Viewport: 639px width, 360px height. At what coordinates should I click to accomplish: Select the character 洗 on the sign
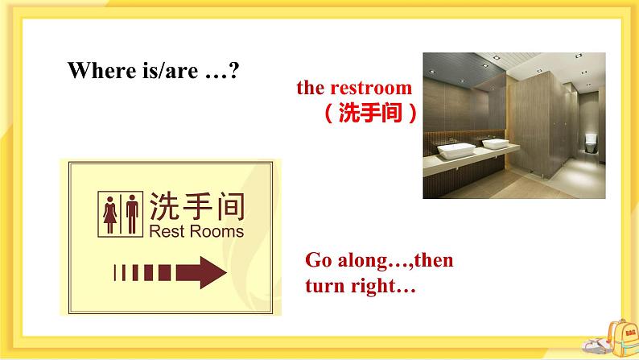(x=165, y=205)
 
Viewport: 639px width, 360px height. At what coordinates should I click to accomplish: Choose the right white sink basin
(x=496, y=144)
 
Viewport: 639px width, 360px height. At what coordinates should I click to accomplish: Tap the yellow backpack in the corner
(x=621, y=337)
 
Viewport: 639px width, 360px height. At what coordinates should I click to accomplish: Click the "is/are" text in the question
(x=167, y=70)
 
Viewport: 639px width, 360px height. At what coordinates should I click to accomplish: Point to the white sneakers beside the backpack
(x=591, y=348)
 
